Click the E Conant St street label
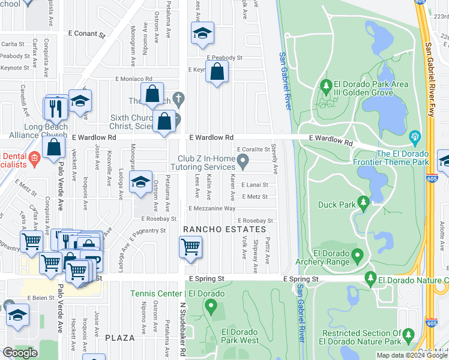(x=87, y=35)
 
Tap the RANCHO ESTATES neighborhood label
(x=224, y=230)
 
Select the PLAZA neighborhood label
(x=120, y=338)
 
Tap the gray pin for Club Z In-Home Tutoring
(x=243, y=160)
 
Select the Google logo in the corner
(x=20, y=353)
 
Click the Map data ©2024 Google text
(x=412, y=355)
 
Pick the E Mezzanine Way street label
(x=212, y=208)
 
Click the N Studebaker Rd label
(x=182, y=324)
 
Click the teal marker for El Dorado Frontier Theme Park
(x=414, y=137)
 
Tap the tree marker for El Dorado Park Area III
(x=327, y=86)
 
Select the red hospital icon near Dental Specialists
(x=34, y=159)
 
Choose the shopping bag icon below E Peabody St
(x=217, y=73)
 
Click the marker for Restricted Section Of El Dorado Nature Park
(x=408, y=334)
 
